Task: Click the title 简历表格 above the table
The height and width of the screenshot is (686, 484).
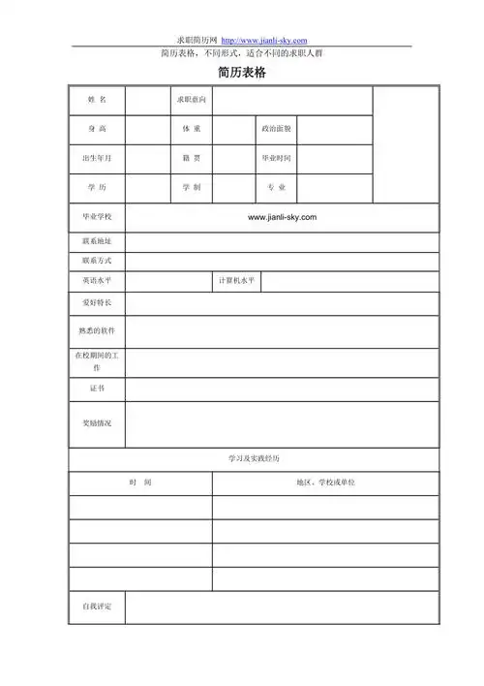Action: [x=242, y=72]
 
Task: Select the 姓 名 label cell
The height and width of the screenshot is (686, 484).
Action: [x=96, y=100]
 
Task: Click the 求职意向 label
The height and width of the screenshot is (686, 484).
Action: [x=191, y=100]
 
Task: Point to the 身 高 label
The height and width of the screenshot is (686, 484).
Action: [x=96, y=129]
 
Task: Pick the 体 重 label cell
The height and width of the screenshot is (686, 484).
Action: [x=191, y=129]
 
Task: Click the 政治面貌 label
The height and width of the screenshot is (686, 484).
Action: [x=276, y=129]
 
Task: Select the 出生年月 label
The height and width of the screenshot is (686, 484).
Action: [x=96, y=158]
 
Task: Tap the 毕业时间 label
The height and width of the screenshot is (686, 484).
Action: [x=276, y=158]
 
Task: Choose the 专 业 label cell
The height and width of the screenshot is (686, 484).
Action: [x=276, y=187]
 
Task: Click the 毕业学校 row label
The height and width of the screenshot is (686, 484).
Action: [x=96, y=217]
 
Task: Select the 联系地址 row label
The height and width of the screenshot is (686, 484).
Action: [x=96, y=240]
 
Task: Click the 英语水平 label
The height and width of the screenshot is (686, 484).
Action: [x=96, y=281]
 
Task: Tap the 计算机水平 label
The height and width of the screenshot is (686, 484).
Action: [x=236, y=281]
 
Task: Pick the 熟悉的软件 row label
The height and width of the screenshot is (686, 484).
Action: [x=96, y=331]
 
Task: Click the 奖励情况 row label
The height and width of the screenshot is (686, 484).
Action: [x=96, y=423]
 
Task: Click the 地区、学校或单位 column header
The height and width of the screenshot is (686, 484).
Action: [x=325, y=482]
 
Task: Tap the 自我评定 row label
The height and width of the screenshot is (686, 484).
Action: [x=96, y=607]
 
